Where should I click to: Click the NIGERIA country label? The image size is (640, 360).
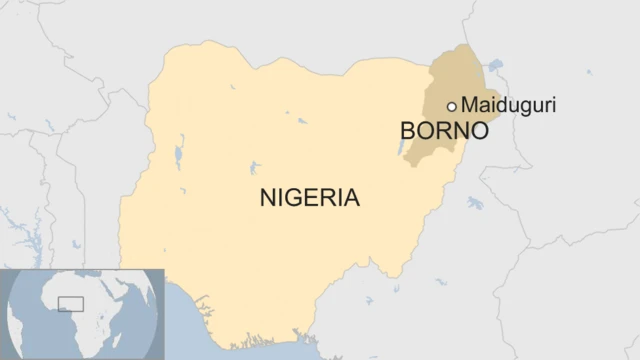tap(309, 197)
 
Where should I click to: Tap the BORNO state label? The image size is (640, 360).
tap(443, 131)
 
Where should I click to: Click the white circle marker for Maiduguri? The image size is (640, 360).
tap(452, 106)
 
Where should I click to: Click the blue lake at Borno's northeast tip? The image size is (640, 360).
tap(493, 65)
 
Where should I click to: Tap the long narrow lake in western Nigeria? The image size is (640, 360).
tap(179, 156)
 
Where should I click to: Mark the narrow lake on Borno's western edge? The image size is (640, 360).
tap(404, 147)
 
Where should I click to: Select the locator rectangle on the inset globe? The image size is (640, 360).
tap(70, 304)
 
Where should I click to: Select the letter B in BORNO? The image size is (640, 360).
tap(406, 131)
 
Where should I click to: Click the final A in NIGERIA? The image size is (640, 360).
tap(351, 197)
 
